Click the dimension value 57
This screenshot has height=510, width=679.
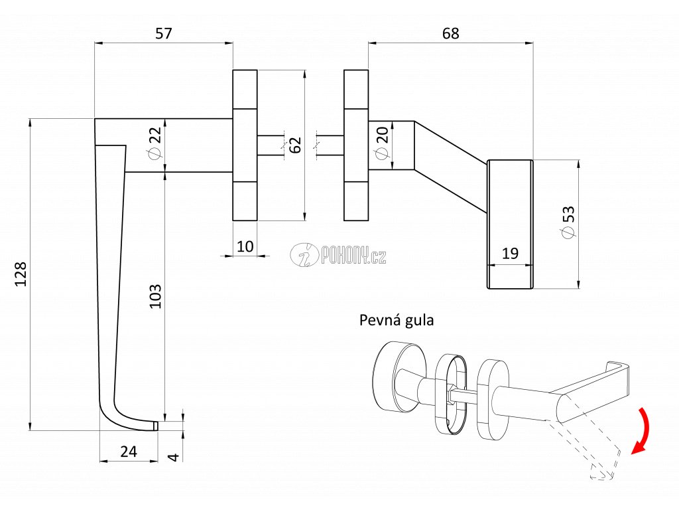click(164, 33)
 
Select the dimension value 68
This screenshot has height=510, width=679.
click(450, 33)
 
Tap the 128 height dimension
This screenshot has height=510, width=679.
click(21, 274)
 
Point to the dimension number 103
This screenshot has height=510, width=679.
click(155, 296)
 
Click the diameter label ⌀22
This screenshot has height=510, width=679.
click(154, 143)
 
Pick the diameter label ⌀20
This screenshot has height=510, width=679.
click(381, 143)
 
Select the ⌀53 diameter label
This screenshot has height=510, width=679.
click(568, 222)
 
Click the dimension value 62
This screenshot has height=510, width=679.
click(295, 145)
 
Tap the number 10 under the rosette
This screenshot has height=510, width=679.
click(245, 246)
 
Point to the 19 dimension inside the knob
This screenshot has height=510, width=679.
click(510, 253)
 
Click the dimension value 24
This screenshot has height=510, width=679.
click(129, 452)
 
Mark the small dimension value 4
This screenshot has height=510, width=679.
click(173, 457)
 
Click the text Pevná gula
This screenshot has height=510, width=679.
click(397, 320)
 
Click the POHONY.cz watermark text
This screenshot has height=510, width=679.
click(353, 254)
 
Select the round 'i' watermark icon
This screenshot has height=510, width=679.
click(304, 254)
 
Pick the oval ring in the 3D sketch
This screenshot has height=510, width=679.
click(451, 394)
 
